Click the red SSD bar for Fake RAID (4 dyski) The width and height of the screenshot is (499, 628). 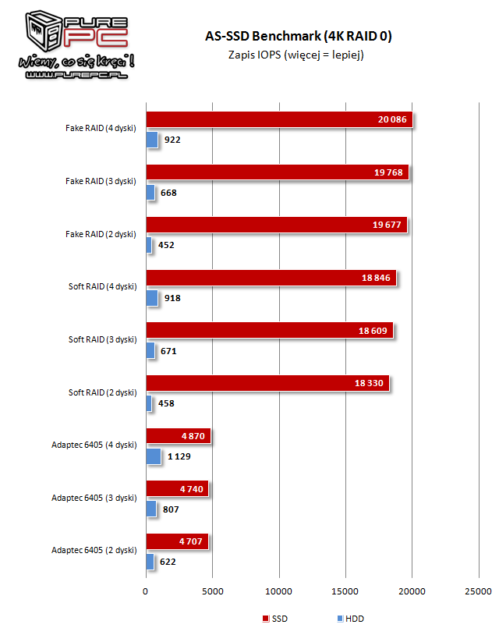[x=278, y=120]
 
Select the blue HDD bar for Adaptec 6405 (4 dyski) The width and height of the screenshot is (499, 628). [x=153, y=456]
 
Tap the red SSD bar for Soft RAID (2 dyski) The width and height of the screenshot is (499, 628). [x=267, y=383]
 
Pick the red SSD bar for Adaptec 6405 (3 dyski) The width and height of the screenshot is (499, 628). [x=177, y=489]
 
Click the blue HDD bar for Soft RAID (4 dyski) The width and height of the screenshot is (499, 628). [x=151, y=298]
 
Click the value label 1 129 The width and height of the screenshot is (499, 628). [x=180, y=456]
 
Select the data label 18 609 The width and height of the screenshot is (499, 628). [x=374, y=331]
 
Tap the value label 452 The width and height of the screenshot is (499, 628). [x=166, y=245]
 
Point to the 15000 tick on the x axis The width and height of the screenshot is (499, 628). [x=345, y=590]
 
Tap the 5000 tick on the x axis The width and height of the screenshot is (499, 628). [x=212, y=590]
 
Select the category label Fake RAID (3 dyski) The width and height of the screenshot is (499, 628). [x=101, y=181]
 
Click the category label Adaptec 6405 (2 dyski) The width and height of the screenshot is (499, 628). [x=94, y=550]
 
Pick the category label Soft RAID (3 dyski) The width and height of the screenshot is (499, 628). [x=102, y=339]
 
